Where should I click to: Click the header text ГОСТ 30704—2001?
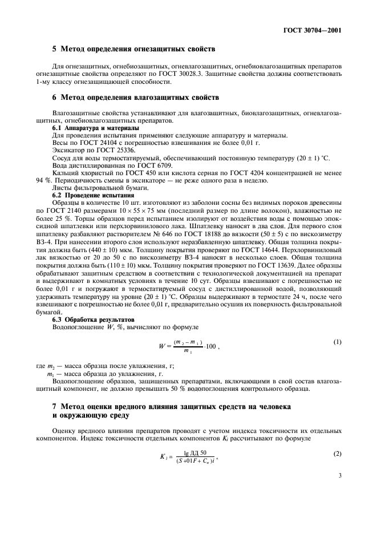point(315,30)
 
